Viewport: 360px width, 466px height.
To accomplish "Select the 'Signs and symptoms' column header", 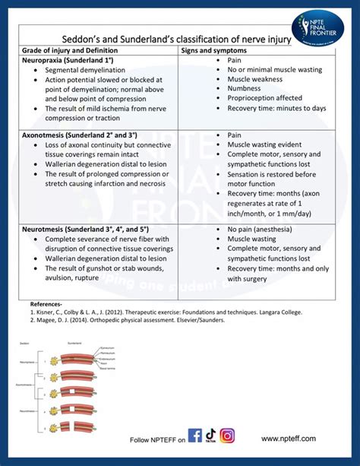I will pos(214,49).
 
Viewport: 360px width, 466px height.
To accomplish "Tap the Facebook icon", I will pos(195,436).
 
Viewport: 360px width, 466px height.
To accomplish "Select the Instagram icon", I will pos(228,436).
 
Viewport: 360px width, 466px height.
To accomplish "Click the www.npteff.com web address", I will pos(289,439).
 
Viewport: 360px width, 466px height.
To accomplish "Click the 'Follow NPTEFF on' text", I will pos(157,440).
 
